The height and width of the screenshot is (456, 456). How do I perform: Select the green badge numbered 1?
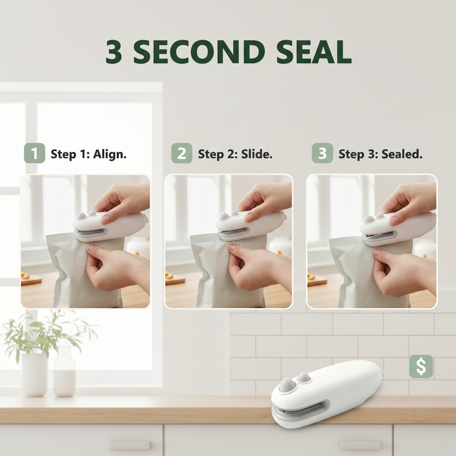[x=35, y=153]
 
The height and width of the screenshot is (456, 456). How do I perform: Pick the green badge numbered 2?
[x=182, y=153]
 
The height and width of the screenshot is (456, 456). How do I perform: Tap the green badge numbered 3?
[x=322, y=153]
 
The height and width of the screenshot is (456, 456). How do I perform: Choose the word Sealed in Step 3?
[x=402, y=154]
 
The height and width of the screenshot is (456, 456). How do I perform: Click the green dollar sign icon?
[x=421, y=367]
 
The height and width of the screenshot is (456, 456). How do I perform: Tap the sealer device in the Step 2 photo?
[x=250, y=225]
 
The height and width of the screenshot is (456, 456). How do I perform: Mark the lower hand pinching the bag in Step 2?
[x=259, y=268]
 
